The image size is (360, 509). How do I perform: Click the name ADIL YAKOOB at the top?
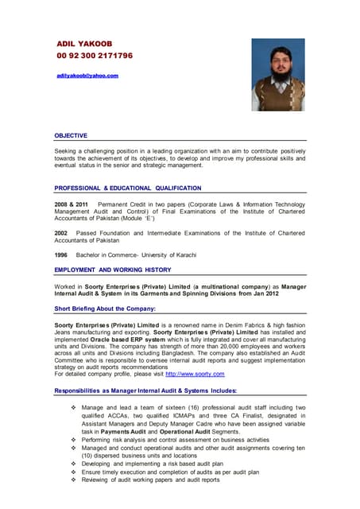85,43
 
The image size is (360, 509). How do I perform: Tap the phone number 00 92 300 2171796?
95,56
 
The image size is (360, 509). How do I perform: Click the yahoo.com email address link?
87,76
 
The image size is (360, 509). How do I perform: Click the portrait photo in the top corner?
277,75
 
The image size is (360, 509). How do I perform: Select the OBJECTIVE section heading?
71,135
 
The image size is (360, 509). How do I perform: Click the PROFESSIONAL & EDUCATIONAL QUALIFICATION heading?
127,188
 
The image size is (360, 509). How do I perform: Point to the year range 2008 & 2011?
72,204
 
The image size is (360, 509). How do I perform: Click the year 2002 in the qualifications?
61,233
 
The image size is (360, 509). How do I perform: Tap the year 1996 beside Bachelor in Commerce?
61,255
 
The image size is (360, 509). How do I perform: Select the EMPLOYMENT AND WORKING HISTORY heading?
112,270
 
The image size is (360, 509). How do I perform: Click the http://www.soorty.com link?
195,374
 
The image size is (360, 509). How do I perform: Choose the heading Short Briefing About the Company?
104,308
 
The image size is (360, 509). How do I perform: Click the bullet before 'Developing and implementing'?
72,462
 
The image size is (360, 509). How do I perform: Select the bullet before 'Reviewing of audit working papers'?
72,480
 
